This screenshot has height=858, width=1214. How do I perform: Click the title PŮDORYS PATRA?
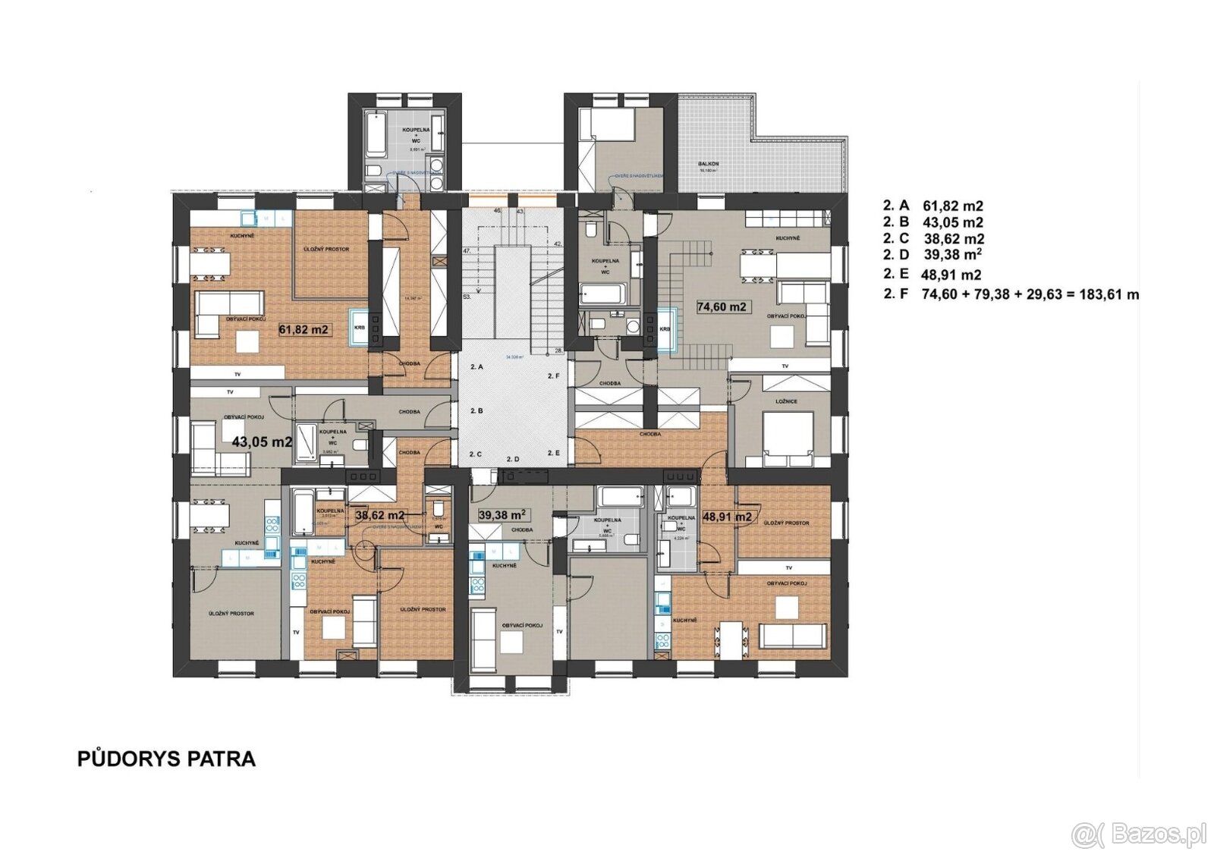pos(166,759)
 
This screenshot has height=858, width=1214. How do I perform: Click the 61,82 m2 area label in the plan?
pos(303,330)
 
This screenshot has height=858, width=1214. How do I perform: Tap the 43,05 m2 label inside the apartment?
pos(262,442)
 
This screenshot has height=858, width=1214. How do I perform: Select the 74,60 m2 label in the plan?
pos(722,307)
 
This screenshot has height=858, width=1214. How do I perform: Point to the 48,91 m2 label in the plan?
pos(727,517)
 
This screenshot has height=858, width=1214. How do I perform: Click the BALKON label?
pos(709,164)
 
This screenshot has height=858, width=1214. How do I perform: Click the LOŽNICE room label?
pos(787,401)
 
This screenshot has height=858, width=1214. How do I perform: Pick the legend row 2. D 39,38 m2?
pos(933,255)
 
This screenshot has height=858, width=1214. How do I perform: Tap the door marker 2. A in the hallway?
pos(476,367)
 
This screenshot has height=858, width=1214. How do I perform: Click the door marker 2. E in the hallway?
pos(553,453)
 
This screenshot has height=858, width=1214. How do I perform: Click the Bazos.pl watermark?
pos(1138,835)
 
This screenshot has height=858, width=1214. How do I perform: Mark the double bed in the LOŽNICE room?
pos(788,438)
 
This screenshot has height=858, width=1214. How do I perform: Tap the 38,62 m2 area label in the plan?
pos(379,515)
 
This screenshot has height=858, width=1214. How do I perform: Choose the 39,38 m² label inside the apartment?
pos(502,515)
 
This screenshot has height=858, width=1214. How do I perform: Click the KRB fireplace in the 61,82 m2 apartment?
pos(359,328)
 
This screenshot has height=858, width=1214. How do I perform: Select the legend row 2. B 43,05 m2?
pos(933,222)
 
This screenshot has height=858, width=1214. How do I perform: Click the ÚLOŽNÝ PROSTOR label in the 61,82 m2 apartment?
pos(326,249)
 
